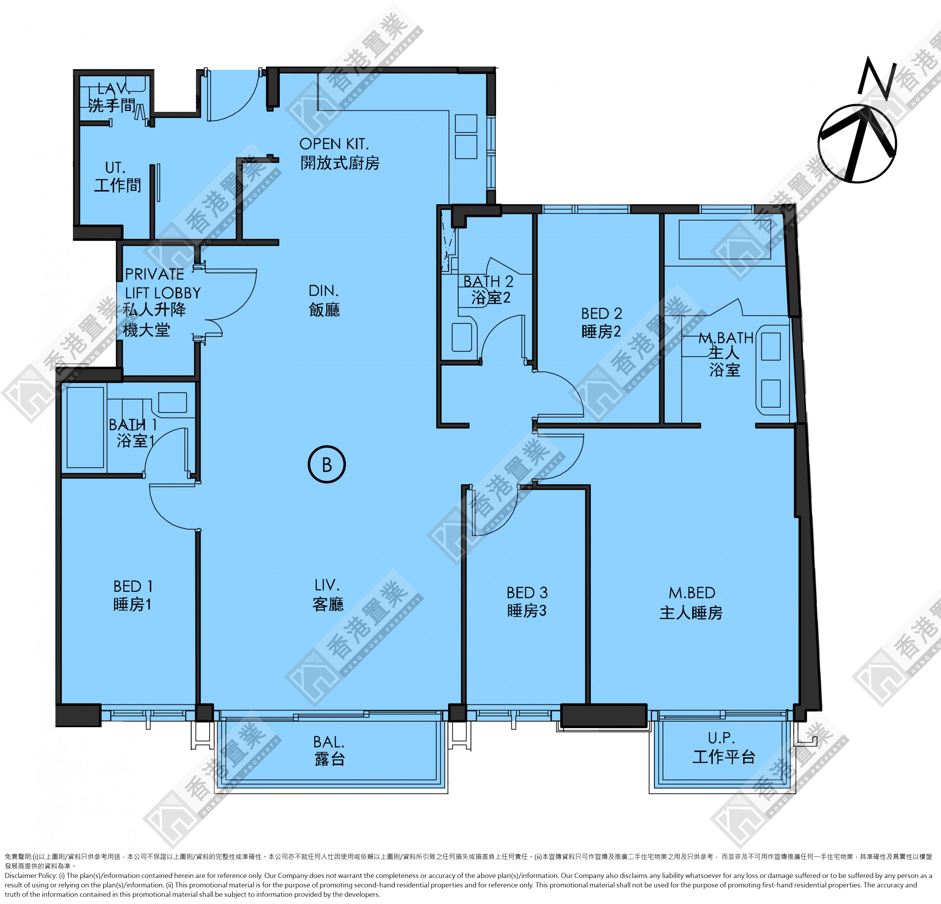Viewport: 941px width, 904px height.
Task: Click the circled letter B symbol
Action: tap(327, 464)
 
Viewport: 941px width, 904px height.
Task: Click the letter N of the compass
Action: tap(877, 78)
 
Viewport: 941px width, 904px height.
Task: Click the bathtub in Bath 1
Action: tap(85, 427)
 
